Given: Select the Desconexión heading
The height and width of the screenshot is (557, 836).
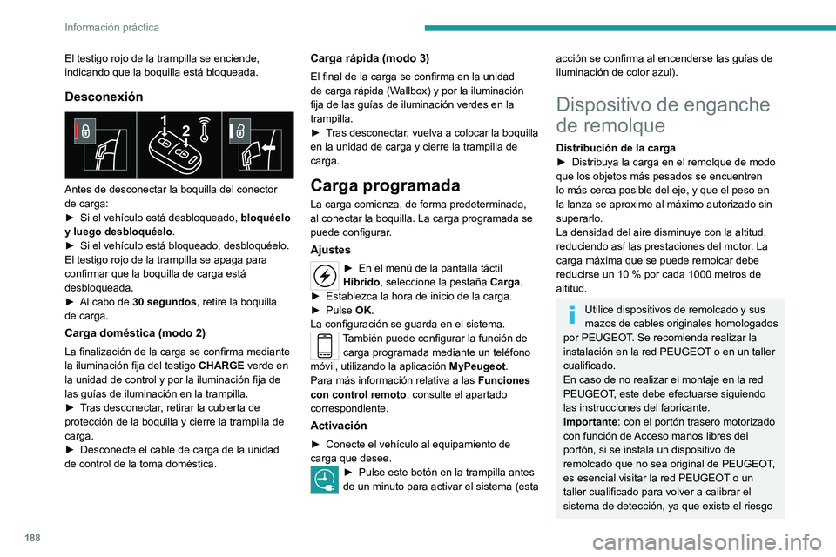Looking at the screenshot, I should click(x=104, y=97).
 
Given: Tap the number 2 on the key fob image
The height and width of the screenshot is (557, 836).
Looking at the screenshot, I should click(x=186, y=131).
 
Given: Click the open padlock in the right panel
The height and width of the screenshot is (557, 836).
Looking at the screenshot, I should click(x=239, y=130).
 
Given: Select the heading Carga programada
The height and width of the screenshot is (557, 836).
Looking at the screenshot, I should click(x=385, y=185).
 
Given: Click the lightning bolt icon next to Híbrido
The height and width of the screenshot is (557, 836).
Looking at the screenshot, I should click(x=324, y=275).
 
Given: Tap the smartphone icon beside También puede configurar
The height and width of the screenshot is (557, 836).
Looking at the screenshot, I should click(x=324, y=345).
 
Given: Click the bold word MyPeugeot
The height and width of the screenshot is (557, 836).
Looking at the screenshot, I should click(x=477, y=366).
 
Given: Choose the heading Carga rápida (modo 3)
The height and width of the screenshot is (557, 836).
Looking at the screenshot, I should click(x=369, y=57).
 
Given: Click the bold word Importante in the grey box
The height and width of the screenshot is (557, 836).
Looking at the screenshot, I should click(x=593, y=419).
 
